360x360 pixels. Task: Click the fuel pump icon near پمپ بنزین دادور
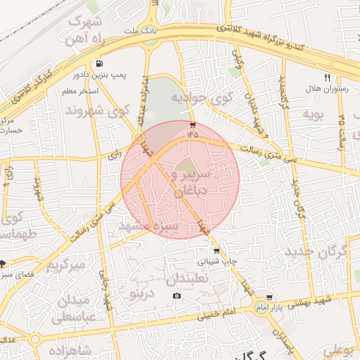(x=102, y=61)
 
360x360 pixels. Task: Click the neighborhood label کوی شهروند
(x=98, y=110)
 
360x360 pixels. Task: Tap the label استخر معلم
(x=79, y=91)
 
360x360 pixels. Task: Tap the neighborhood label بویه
(x=313, y=114)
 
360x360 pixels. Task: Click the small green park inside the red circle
(x=185, y=167)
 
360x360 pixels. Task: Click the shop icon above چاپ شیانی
(x=216, y=251)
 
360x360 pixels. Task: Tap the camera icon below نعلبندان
(x=176, y=295)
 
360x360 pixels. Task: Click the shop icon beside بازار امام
(x=269, y=297)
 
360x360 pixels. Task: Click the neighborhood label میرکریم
(x=66, y=265)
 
